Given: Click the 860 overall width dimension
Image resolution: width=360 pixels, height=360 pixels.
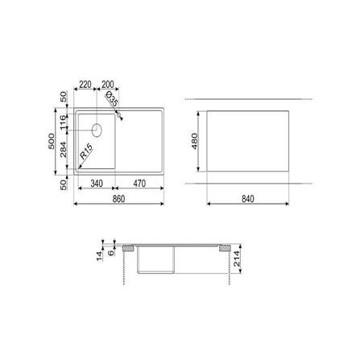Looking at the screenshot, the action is click(x=118, y=199).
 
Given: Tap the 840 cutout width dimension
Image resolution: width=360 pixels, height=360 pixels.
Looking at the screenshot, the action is click(x=248, y=199).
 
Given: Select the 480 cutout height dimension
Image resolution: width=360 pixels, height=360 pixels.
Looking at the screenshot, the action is click(x=194, y=141).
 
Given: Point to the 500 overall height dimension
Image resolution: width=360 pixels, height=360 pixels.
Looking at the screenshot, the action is click(x=52, y=141).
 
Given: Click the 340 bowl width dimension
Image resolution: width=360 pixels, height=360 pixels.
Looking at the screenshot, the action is click(x=97, y=184).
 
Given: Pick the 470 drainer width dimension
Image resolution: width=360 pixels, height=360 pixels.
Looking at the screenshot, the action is click(x=139, y=184).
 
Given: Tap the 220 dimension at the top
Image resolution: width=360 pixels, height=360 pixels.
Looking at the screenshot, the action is click(x=85, y=85).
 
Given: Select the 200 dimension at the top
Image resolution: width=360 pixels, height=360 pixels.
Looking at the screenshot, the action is click(x=108, y=85).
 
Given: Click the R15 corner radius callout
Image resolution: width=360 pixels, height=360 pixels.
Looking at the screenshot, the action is click(x=86, y=151).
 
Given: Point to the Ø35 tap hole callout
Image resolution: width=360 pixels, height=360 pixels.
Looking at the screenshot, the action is click(x=112, y=98).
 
